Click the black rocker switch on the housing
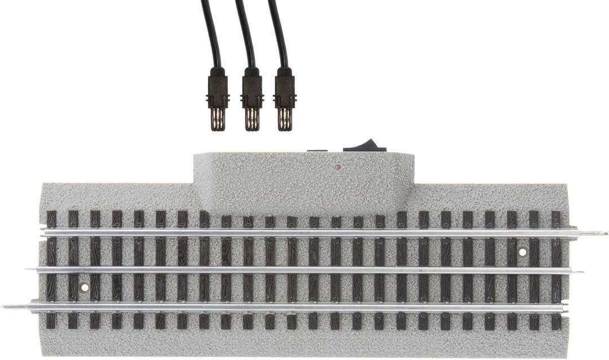[365, 146]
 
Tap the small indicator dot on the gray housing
[337, 167]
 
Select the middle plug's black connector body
[251, 90]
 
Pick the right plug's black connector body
[285, 90]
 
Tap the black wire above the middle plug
[245, 34]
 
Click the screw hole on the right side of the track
[523, 252]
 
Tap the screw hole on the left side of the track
[85, 287]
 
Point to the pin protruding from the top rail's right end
[593, 232]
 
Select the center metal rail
[304, 270]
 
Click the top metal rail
[304, 232]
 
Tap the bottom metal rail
[304, 308]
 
